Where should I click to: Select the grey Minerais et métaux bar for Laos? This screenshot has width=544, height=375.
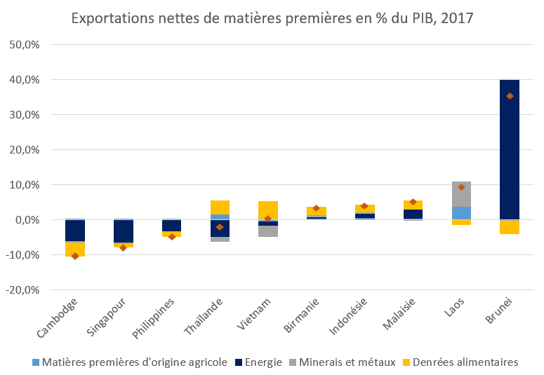pyautogui.click(x=461, y=194)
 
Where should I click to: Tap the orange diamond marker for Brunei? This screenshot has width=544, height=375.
pyautogui.click(x=510, y=96)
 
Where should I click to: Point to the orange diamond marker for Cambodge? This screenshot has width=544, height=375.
pyautogui.click(x=75, y=256)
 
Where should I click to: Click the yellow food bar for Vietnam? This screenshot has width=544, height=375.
pyautogui.click(x=268, y=210)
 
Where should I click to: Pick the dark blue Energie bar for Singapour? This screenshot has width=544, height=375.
pyautogui.click(x=124, y=231)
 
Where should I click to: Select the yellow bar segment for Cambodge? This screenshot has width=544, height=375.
pyautogui.click(x=75, y=249)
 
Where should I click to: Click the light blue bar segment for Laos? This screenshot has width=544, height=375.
pyautogui.click(x=461, y=213)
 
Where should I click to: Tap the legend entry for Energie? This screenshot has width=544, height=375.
pyautogui.click(x=259, y=362)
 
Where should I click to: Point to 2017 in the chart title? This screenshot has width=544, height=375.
pyautogui.click(x=456, y=17)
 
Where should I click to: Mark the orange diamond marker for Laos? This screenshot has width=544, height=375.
pyautogui.click(x=461, y=187)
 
